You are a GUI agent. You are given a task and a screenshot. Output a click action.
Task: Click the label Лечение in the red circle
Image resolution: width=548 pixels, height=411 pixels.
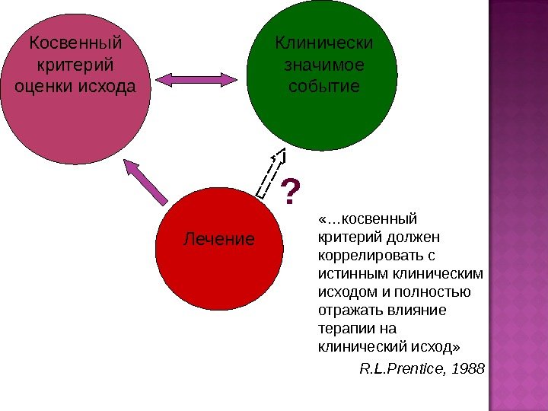(x=219, y=240)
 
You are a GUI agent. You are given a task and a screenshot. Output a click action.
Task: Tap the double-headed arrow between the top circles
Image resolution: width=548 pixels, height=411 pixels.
(x=198, y=78)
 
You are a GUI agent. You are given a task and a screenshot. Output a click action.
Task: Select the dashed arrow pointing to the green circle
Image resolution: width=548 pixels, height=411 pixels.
(x=272, y=174)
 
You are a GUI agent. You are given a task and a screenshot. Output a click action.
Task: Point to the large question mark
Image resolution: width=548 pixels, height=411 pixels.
(x=290, y=193)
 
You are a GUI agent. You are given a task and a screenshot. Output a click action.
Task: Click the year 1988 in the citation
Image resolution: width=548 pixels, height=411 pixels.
(x=469, y=369)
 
